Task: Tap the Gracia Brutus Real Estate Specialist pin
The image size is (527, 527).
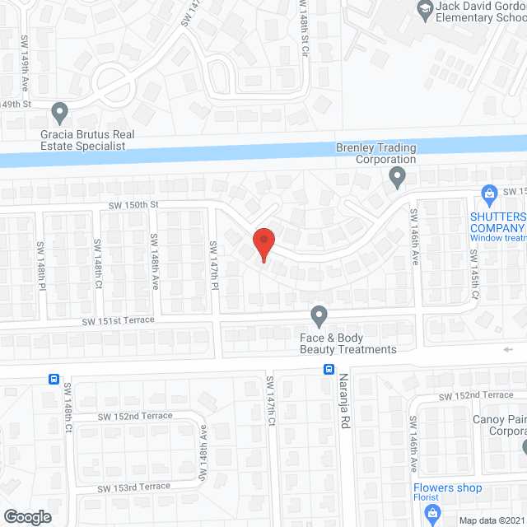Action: pos(59,110)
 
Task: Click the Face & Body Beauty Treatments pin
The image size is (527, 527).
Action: pos(319,315)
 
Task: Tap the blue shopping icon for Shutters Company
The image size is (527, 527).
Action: pos(488,194)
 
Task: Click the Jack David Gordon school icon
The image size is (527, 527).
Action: pos(426,11)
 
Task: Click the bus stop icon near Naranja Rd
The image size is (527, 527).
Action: pos(329,369)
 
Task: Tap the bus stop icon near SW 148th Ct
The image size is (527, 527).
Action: pos(54,380)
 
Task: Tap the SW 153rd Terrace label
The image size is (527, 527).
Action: pos(134,487)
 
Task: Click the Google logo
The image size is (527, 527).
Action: pos(26,516)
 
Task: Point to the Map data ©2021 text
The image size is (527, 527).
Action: pos(492,520)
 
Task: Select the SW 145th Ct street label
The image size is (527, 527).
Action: pos(474,282)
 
